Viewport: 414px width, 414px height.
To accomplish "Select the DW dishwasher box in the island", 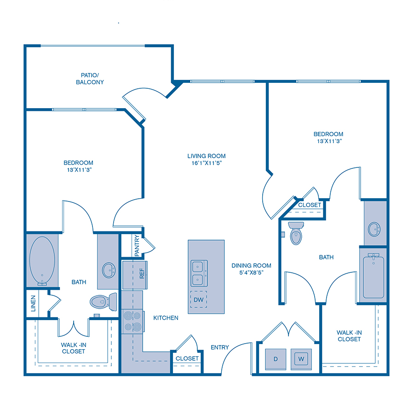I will pyautogui.click(x=199, y=299).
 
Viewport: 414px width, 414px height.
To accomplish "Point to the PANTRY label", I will pyautogui.click(x=137, y=246).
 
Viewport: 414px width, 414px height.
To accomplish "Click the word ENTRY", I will pyautogui.click(x=219, y=347).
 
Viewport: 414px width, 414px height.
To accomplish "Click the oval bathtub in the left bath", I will pyautogui.click(x=42, y=261).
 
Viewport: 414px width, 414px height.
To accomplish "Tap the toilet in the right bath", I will pyautogui.click(x=296, y=233).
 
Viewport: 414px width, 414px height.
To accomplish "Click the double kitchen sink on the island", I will pyautogui.click(x=199, y=273).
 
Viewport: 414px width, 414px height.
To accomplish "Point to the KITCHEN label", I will pyautogui.click(x=166, y=317).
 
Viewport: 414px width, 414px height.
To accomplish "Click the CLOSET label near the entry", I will pyautogui.click(x=187, y=358).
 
